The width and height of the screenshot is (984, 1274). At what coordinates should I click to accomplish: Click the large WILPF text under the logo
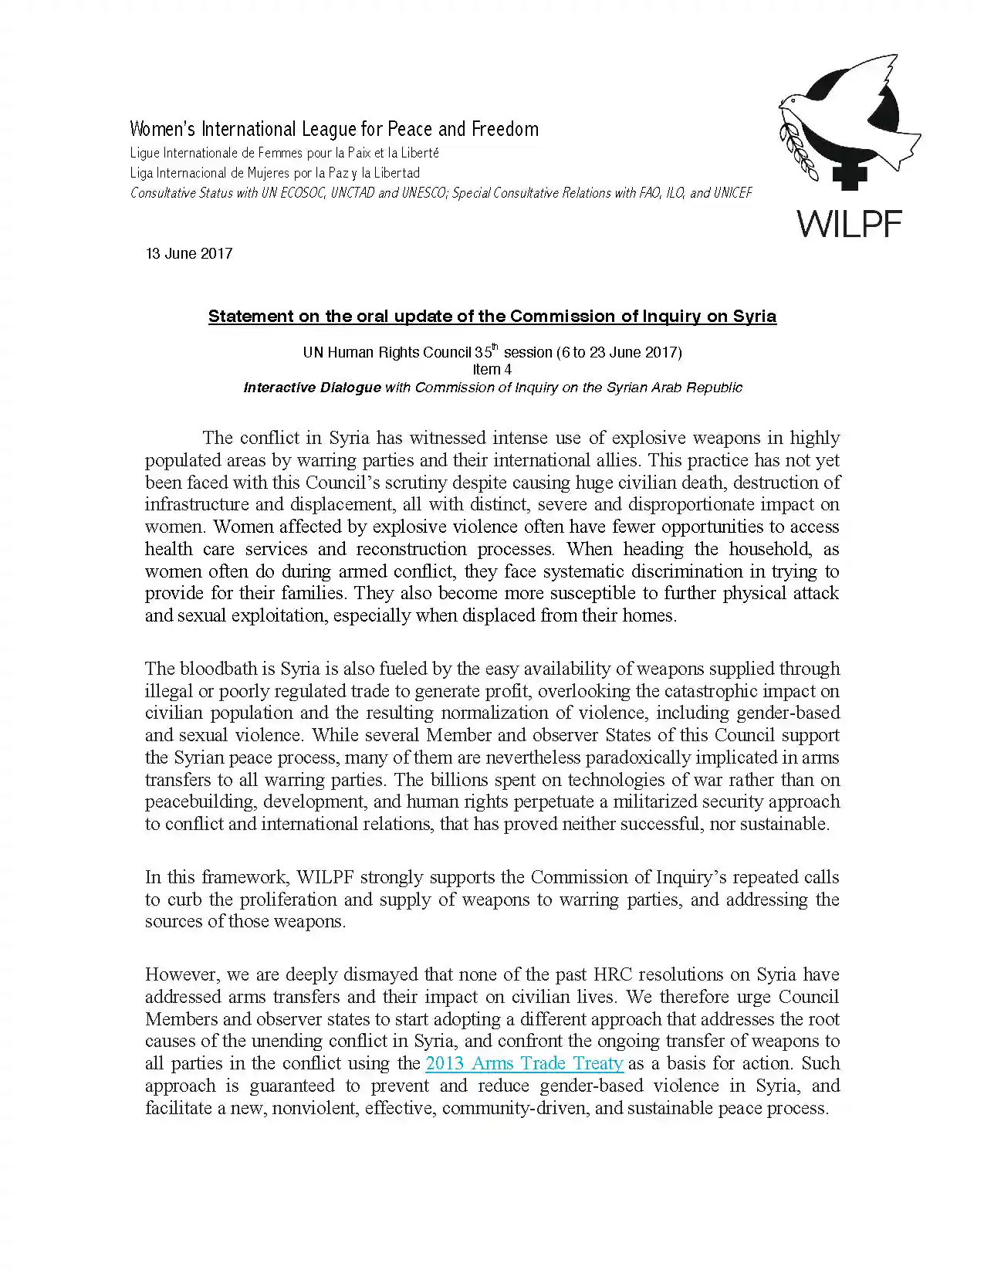[849, 224]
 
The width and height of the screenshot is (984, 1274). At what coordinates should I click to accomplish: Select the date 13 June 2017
[189, 253]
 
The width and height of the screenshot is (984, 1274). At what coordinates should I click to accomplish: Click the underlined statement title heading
[492, 317]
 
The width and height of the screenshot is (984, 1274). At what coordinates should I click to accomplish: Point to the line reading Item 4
[492, 370]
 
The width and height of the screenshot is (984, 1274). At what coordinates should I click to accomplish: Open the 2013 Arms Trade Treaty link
[524, 1063]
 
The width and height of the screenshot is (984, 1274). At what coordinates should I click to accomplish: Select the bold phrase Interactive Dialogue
[312, 388]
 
